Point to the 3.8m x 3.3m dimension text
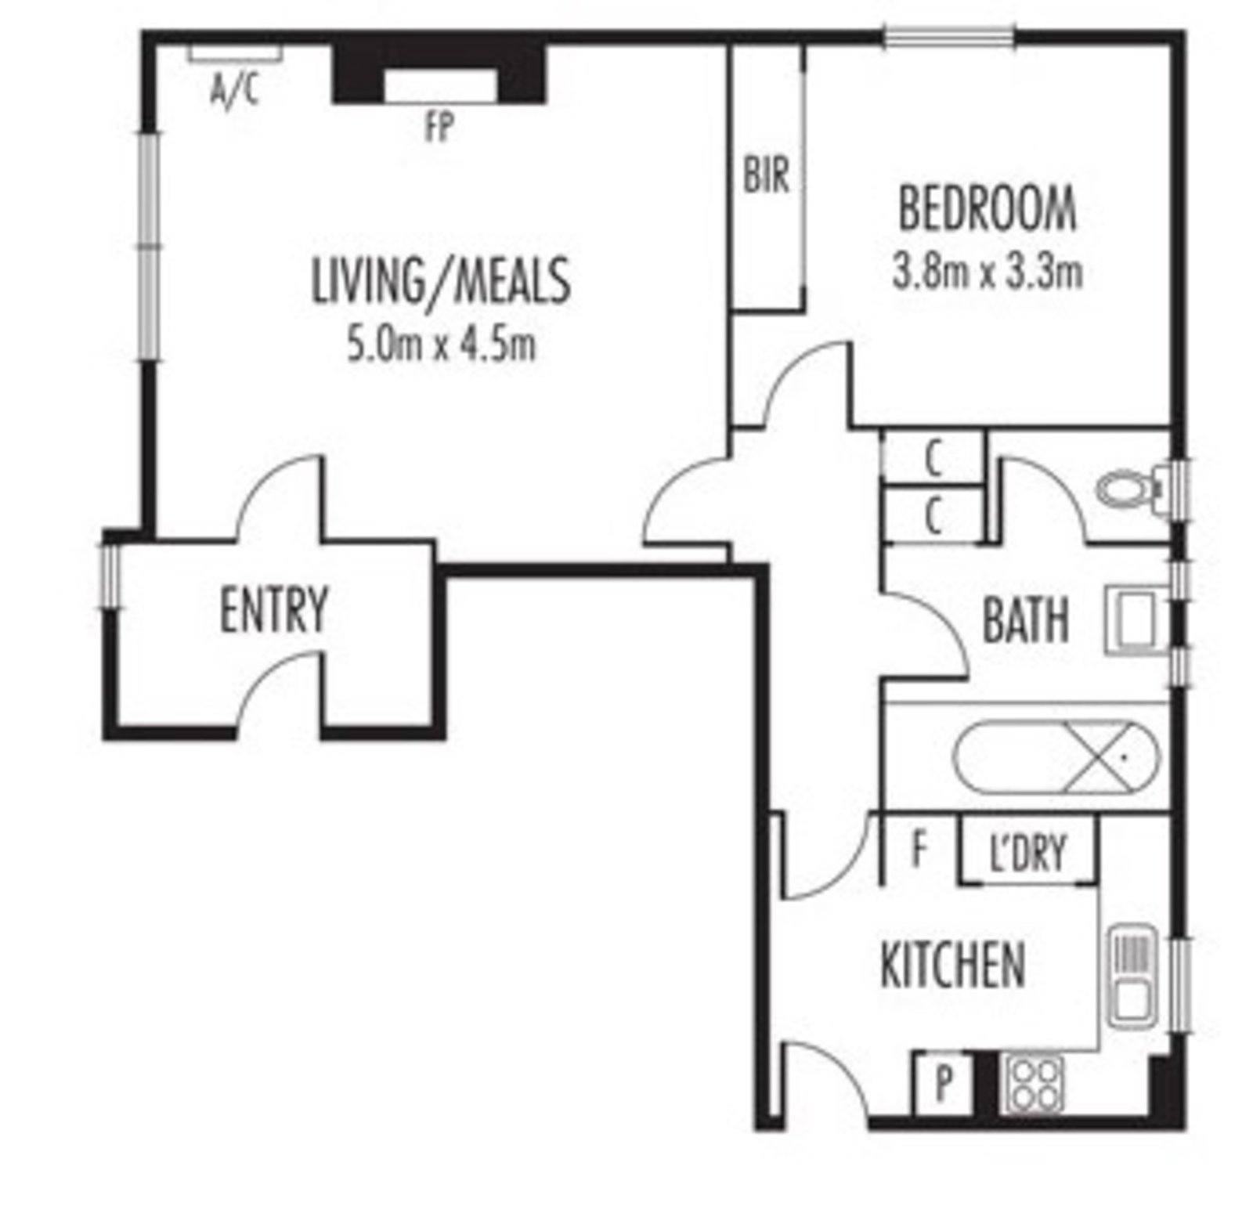click(x=987, y=273)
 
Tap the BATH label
click(x=1025, y=619)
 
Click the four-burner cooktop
click(x=1032, y=1084)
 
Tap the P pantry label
click(x=944, y=1085)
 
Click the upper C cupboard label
click(x=932, y=460)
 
